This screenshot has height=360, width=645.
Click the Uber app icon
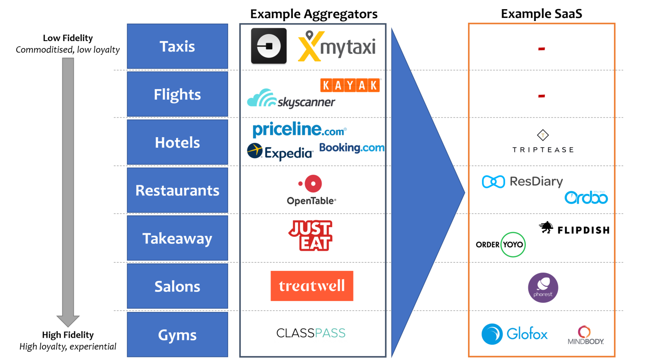click(x=269, y=46)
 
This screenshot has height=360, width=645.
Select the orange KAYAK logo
click(x=350, y=85)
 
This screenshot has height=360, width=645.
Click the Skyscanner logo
click(x=291, y=99)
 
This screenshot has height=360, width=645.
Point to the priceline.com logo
click(x=299, y=129)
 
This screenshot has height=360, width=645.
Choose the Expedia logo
click(x=280, y=152)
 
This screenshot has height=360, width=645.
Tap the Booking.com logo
click(x=352, y=148)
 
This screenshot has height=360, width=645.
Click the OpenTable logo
click(x=312, y=190)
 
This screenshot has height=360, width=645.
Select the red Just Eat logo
click(x=311, y=235)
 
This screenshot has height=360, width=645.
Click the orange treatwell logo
click(x=312, y=286)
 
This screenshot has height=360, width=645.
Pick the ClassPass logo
click(x=311, y=333)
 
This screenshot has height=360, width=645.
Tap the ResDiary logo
click(x=523, y=181)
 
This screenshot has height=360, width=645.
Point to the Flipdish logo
click(x=575, y=228)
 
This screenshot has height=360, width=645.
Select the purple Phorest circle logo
click(x=543, y=287)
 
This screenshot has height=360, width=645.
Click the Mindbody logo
click(x=586, y=336)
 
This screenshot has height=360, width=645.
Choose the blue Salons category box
click(x=177, y=286)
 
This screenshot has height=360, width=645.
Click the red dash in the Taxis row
click(x=541, y=48)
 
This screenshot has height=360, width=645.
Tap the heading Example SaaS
click(x=541, y=14)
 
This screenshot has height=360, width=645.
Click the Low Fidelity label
click(x=68, y=38)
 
